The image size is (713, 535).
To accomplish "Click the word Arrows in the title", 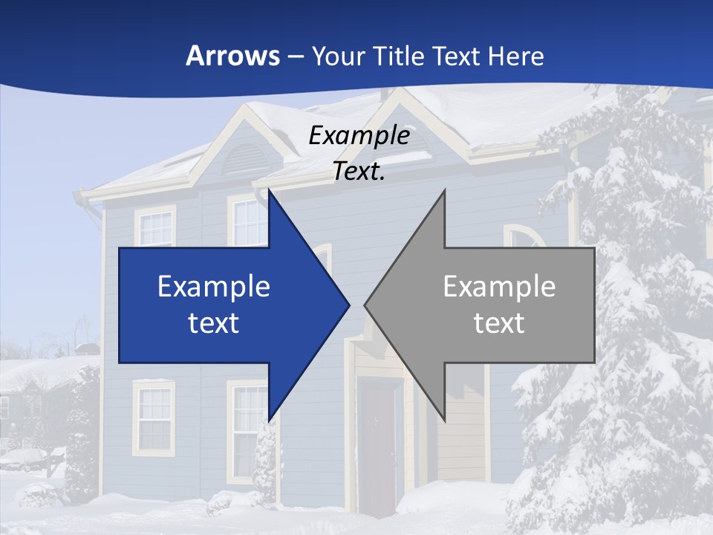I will point(232,56).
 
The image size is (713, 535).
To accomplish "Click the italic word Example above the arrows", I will point(359,135).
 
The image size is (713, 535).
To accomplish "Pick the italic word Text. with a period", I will point(359,172).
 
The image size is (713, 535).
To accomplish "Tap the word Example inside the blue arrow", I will point(214,286).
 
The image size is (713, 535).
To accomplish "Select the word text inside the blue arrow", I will point(214,323).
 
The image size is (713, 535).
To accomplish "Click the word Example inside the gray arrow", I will point(499,286).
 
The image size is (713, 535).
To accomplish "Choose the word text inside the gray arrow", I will point(499,323).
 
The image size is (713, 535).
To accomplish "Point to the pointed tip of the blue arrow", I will point(348,305).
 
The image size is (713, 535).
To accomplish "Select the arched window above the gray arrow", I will point(524,237).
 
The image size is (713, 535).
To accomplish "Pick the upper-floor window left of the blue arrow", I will point(155,227).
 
